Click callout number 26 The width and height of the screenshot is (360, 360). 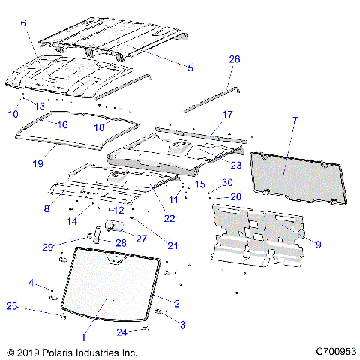pyautogui.click(x=234, y=59)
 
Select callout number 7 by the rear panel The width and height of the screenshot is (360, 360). pyautogui.click(x=295, y=120)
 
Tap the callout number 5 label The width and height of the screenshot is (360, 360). pyautogui.click(x=190, y=68)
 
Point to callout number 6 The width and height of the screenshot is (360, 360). pyautogui.click(x=22, y=23)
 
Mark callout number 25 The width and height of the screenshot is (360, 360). pyautogui.click(x=11, y=305)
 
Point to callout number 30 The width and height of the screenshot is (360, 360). pyautogui.click(x=228, y=182)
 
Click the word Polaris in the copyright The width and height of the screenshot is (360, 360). pyautogui.click(x=60, y=351)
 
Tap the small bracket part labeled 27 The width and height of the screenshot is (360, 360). pyautogui.click(x=115, y=226)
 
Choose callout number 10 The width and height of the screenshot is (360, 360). pyautogui.click(x=12, y=113)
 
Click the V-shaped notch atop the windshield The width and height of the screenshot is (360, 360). pyautogui.click(x=114, y=260)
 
